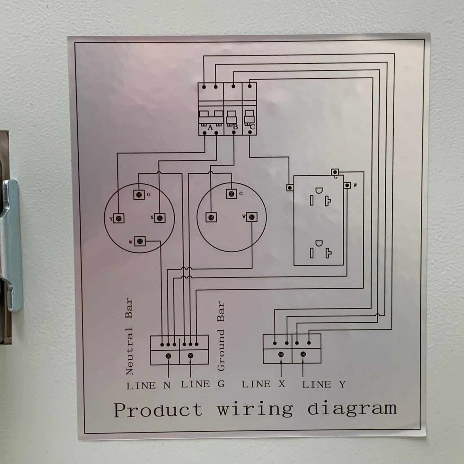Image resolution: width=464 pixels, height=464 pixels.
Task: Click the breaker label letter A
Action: pyautogui.click(x=210, y=127)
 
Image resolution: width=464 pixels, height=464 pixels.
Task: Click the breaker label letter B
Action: pyautogui.click(x=235, y=127)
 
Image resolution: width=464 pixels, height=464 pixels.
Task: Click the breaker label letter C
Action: pyautogui.click(x=252, y=127)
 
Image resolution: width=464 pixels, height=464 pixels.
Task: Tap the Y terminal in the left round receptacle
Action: pyautogui.click(x=118, y=219)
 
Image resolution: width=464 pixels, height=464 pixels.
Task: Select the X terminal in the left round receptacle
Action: pyautogui.click(x=160, y=218)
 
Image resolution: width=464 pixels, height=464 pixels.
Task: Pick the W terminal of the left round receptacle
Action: pyautogui.click(x=140, y=241)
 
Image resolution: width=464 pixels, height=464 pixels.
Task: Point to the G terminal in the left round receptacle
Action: pyautogui.click(x=139, y=195)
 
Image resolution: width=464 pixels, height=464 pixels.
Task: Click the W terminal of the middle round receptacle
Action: pyautogui.click(x=252, y=217)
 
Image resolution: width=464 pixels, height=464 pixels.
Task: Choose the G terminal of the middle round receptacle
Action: pyautogui.click(x=232, y=194)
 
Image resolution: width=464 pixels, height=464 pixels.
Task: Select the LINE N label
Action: pyautogui.click(x=149, y=386)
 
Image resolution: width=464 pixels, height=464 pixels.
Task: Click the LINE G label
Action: pyautogui.click(x=203, y=384)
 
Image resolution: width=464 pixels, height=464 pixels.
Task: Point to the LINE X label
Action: pyautogui.click(x=263, y=384)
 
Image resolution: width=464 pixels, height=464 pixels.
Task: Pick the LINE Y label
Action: pyautogui.click(x=324, y=385)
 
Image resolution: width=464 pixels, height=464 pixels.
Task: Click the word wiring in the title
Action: pyautogui.click(x=255, y=410)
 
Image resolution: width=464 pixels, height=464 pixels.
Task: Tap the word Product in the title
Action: pyautogui.click(x=158, y=410)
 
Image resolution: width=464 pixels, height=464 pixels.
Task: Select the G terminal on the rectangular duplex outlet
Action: pyautogui.click(x=335, y=172)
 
